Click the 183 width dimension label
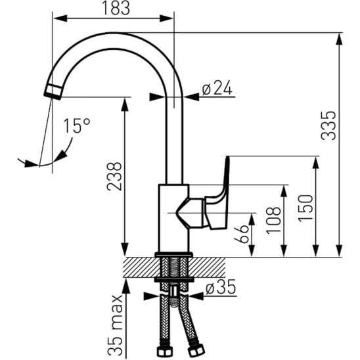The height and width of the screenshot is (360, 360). click(x=116, y=8)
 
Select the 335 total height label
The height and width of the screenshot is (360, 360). click(x=328, y=125)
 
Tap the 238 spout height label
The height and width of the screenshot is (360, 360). click(x=114, y=176)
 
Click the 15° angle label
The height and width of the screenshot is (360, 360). click(x=77, y=125)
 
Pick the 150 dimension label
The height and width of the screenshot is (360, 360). click(x=305, y=208)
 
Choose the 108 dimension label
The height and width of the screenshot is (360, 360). click(x=273, y=221)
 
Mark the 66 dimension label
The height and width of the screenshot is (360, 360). click(x=241, y=234)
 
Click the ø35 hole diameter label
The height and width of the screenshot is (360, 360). click(x=221, y=287)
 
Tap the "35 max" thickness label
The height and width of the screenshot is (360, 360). click(x=115, y=325)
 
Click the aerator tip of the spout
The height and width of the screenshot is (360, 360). click(x=53, y=92)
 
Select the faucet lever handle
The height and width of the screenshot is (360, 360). click(x=217, y=193)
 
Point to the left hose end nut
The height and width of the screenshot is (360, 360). click(x=165, y=351)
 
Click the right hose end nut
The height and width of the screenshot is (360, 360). click(x=196, y=351)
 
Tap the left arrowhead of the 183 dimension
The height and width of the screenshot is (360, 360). click(x=60, y=18)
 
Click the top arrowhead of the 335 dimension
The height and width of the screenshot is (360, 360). click(x=340, y=39)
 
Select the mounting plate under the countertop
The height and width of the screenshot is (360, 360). click(x=174, y=280)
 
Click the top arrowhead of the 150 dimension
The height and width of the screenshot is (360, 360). click(x=316, y=163)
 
